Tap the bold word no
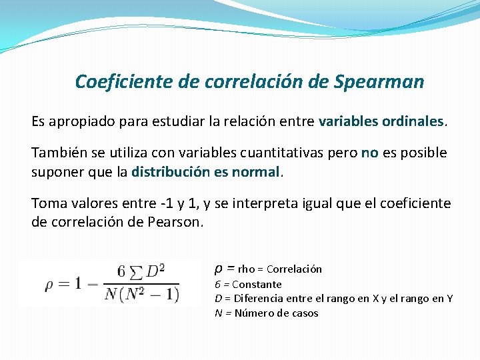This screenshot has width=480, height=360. pyautogui.click(x=369, y=153)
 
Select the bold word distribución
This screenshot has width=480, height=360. pyautogui.click(x=171, y=172)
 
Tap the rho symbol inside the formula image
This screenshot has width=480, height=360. pyautogui.click(x=49, y=284)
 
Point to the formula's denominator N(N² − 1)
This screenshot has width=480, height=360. pyautogui.click(x=141, y=295)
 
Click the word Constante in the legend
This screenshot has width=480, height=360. pyautogui.click(x=257, y=284)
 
